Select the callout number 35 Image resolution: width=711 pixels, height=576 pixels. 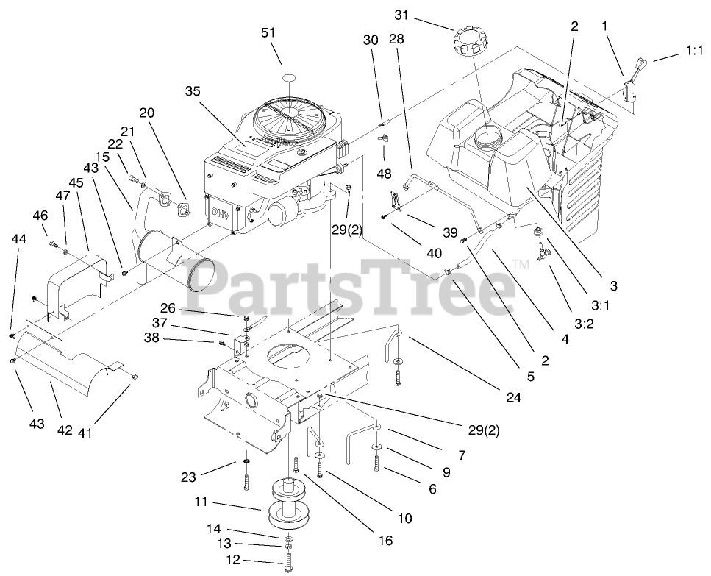click(x=193, y=92)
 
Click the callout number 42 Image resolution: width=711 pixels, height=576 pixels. click(x=65, y=430)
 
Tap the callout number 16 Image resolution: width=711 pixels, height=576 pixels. click(x=385, y=541)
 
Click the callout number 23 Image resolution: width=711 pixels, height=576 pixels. click(x=188, y=477)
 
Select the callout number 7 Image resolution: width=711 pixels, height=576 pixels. click(x=461, y=456)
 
